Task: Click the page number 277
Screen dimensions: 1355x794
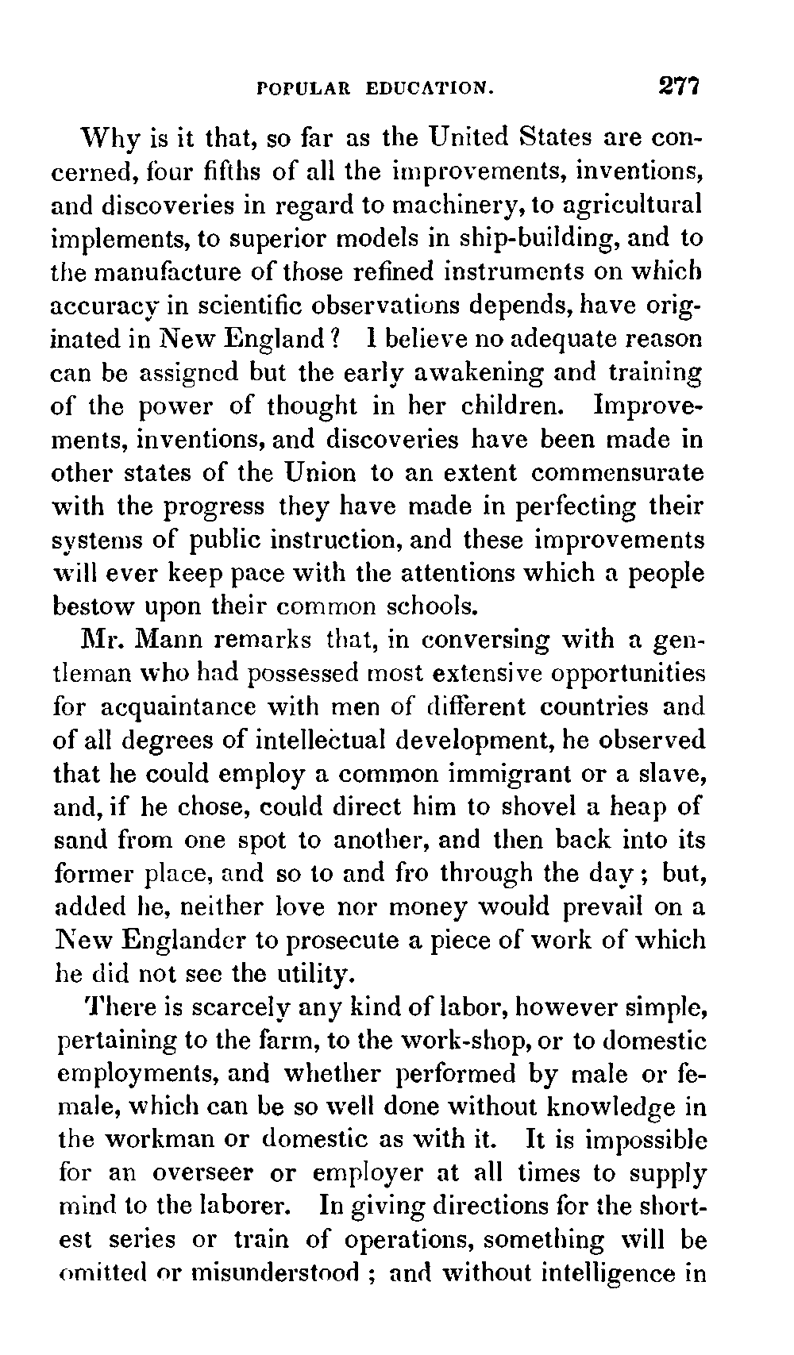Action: point(676,86)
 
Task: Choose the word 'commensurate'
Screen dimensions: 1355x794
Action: point(617,473)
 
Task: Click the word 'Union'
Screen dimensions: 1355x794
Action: point(321,472)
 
